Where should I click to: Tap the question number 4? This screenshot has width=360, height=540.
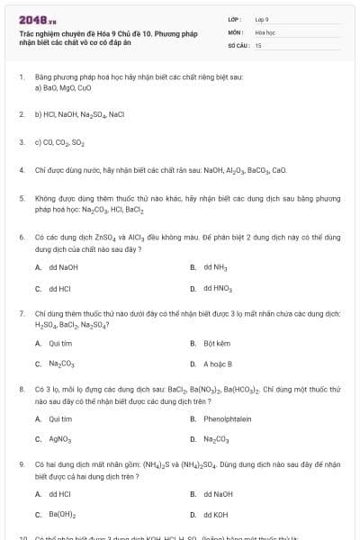pos(21,168)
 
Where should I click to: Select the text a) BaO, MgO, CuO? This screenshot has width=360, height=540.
pos(63,89)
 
